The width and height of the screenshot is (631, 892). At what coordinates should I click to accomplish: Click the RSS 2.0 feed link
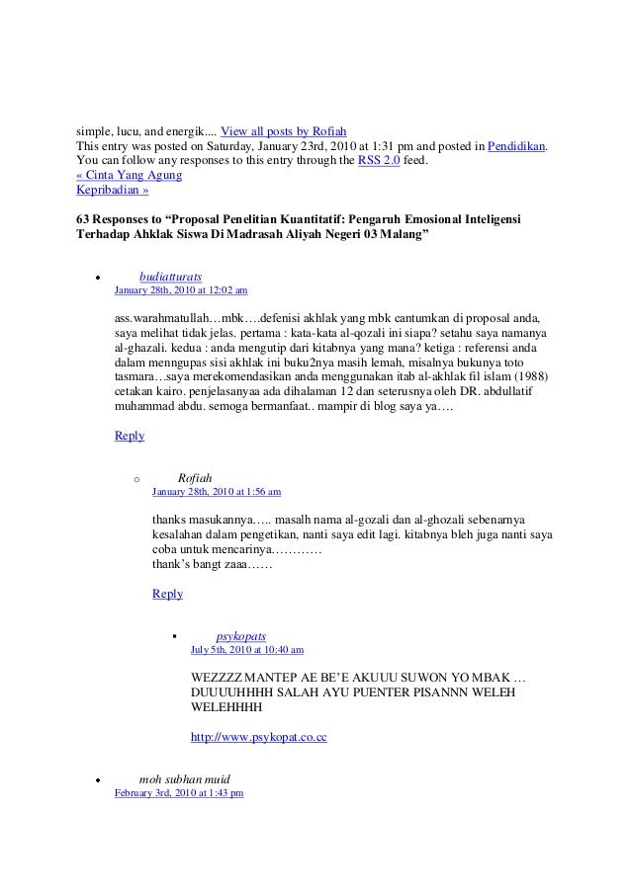[378, 162]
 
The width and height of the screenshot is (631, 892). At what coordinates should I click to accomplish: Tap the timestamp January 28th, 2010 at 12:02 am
[181, 291]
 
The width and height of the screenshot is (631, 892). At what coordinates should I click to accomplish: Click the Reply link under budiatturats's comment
[130, 436]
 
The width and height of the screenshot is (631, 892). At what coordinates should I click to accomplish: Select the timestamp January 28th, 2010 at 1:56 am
[217, 491]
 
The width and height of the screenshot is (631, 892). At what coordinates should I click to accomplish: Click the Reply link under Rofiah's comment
[167, 594]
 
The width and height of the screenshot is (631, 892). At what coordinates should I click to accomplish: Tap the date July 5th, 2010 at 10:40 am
[246, 650]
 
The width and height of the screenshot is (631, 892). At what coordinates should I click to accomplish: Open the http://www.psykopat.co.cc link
[258, 738]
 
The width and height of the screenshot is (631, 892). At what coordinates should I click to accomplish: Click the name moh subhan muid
[184, 778]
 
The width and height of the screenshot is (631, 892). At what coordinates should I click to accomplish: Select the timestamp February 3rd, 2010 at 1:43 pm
[179, 793]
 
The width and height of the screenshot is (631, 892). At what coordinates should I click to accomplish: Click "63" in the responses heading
[84, 218]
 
